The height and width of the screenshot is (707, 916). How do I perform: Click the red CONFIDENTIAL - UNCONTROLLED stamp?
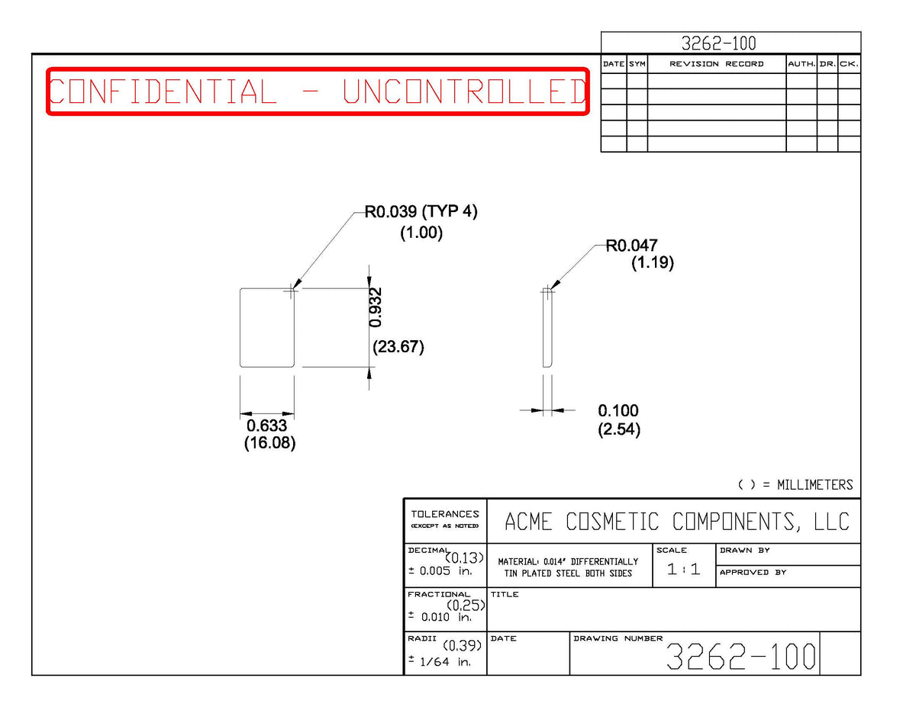click(x=318, y=91)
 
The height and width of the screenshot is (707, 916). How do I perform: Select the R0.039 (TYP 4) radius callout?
click(x=421, y=211)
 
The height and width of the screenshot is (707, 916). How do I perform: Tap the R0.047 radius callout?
click(x=631, y=246)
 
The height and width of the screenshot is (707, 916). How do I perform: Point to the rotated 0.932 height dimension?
click(x=375, y=307)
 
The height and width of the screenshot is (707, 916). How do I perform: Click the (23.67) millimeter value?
click(x=398, y=347)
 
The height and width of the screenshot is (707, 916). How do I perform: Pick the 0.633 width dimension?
click(x=267, y=426)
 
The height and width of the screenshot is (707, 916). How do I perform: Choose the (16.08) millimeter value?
click(x=269, y=443)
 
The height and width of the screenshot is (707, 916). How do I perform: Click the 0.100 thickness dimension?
click(x=618, y=410)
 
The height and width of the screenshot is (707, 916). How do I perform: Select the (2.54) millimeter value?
click(x=619, y=429)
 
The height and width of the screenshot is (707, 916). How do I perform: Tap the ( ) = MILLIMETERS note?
click(x=795, y=485)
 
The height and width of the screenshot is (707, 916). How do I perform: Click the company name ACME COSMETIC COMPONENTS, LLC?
click(x=677, y=522)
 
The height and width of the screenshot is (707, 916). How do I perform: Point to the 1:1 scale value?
click(x=683, y=569)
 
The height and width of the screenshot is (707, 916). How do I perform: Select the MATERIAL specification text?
click(x=568, y=567)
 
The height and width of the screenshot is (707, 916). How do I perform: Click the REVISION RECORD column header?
click(x=717, y=64)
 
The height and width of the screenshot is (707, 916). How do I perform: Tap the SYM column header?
click(x=637, y=64)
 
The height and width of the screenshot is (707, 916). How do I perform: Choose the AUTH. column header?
click(x=801, y=64)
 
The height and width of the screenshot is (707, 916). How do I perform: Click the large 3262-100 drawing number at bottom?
click(x=740, y=656)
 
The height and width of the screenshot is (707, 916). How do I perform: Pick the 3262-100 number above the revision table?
click(x=718, y=43)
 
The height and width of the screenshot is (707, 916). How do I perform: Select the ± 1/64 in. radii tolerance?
click(x=439, y=661)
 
